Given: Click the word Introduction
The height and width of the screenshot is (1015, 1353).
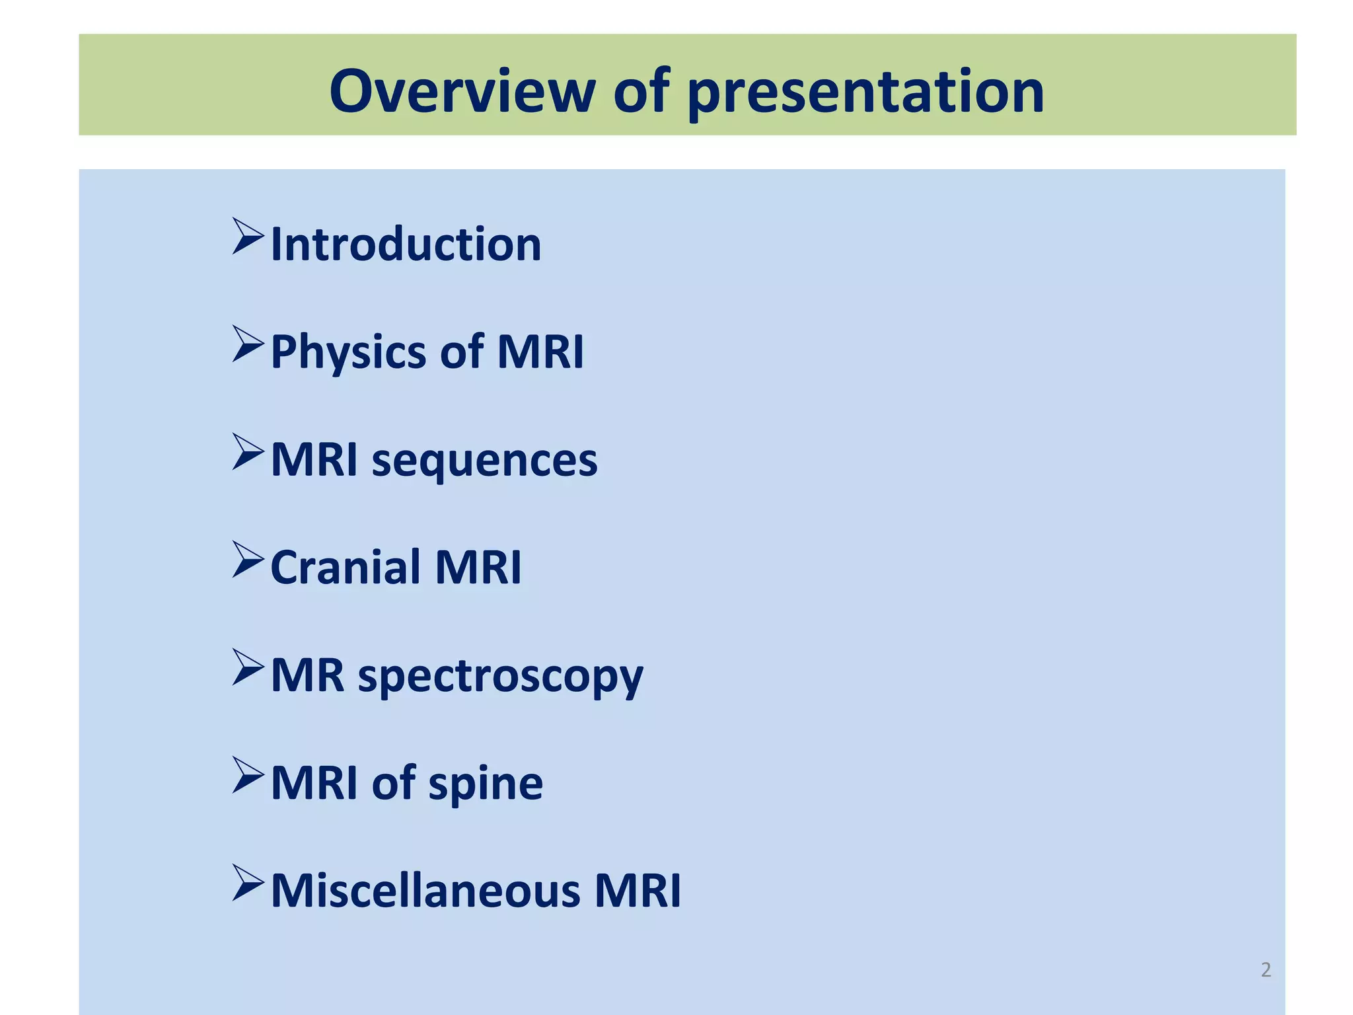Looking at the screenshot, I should pyautogui.click(x=406, y=244).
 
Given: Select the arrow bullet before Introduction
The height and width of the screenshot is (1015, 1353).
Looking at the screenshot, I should pyautogui.click(x=248, y=237).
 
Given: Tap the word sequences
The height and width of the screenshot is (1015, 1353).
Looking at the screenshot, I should pyautogui.click(x=484, y=460).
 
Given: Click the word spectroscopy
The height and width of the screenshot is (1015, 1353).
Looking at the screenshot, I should pyautogui.click(x=500, y=677).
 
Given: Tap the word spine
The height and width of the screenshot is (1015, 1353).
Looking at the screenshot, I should pyautogui.click(x=486, y=784).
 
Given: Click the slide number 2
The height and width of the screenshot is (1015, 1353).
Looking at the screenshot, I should pyautogui.click(x=1265, y=969).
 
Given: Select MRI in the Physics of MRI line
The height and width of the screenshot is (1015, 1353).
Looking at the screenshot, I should pyautogui.click(x=540, y=352).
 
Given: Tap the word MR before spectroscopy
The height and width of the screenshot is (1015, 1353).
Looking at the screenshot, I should pyautogui.click(x=307, y=675).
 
